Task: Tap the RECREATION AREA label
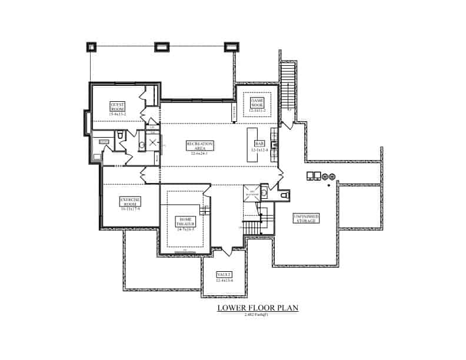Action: pos(199,147)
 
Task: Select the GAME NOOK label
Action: pos(257,104)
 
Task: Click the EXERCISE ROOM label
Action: pos(129,202)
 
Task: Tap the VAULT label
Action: pos(224,276)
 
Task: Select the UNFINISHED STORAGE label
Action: pos(307,218)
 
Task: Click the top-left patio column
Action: pos(91,46)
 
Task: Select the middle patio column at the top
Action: pos(161,46)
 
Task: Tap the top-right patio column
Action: pos(230,46)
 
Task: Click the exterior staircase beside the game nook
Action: pos(288,88)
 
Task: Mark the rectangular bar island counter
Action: pos(251,144)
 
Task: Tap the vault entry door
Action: pos(224,252)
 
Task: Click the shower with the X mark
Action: pos(153,142)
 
